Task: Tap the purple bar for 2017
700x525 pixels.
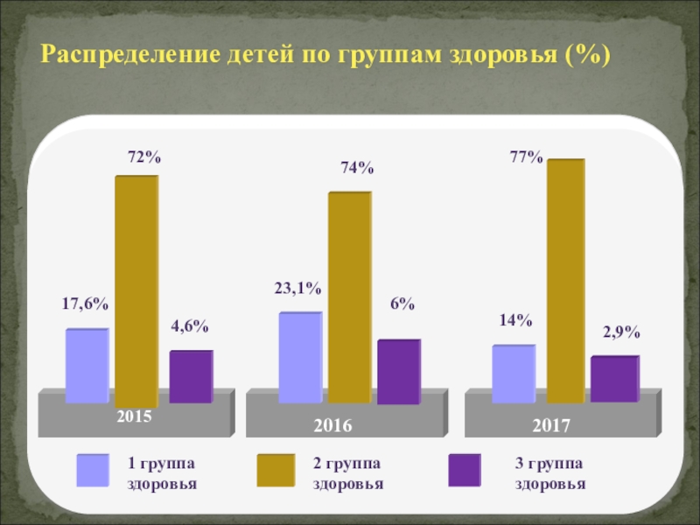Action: [613, 379]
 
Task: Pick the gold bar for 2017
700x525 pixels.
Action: [565, 280]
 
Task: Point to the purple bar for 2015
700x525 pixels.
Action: [190, 376]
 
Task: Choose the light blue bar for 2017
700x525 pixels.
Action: [513, 374]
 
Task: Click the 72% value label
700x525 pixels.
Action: [144, 157]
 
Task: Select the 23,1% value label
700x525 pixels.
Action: [298, 287]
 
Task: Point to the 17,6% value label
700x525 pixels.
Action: [85, 304]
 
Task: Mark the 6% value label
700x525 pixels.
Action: [402, 304]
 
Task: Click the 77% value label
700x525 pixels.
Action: [527, 157]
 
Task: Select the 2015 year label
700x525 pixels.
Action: [135, 416]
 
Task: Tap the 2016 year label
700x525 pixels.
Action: [332, 426]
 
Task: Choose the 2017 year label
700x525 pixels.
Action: [551, 426]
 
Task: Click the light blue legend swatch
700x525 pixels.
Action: [93, 470]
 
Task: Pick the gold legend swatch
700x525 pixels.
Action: [276, 470]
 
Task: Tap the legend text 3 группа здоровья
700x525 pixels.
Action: [549, 472]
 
